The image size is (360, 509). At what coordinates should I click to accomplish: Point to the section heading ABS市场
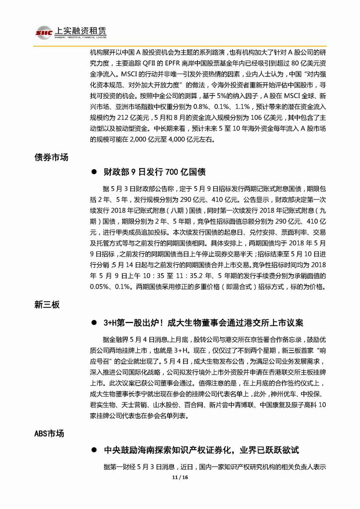[49, 433]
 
